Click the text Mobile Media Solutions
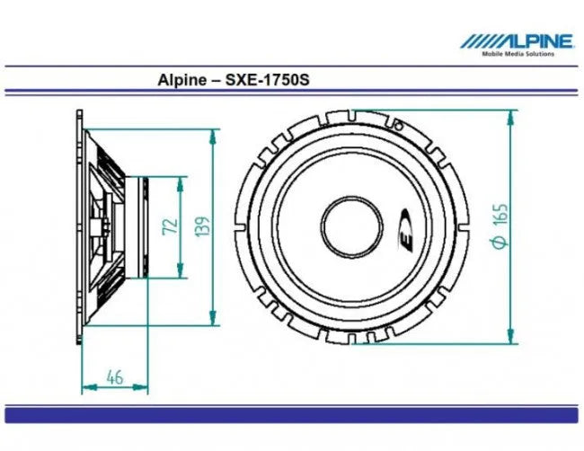click(518, 54)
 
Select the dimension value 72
click(168, 225)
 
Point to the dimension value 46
click(114, 376)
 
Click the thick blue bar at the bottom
click(292, 413)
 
